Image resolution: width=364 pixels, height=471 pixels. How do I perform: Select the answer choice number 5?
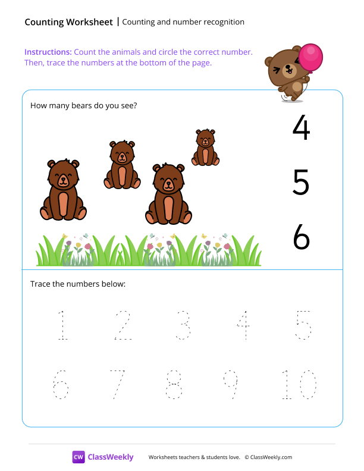coord(301,183)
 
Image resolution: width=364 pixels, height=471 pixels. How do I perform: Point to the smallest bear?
coord(205,148)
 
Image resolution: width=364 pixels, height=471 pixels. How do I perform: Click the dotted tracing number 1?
coord(62,325)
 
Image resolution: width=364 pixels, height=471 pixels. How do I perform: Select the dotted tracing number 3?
coord(183,325)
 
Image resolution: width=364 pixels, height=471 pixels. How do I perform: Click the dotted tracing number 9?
coord(230,385)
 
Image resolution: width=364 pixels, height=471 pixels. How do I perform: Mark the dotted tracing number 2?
coord(123,325)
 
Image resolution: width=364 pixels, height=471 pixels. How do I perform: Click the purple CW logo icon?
coord(79,457)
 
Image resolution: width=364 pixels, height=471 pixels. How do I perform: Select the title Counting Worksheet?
coord(68,22)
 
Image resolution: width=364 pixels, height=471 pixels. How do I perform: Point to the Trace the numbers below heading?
coord(77,284)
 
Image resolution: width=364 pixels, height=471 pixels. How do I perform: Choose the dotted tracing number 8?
coord(174,385)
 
